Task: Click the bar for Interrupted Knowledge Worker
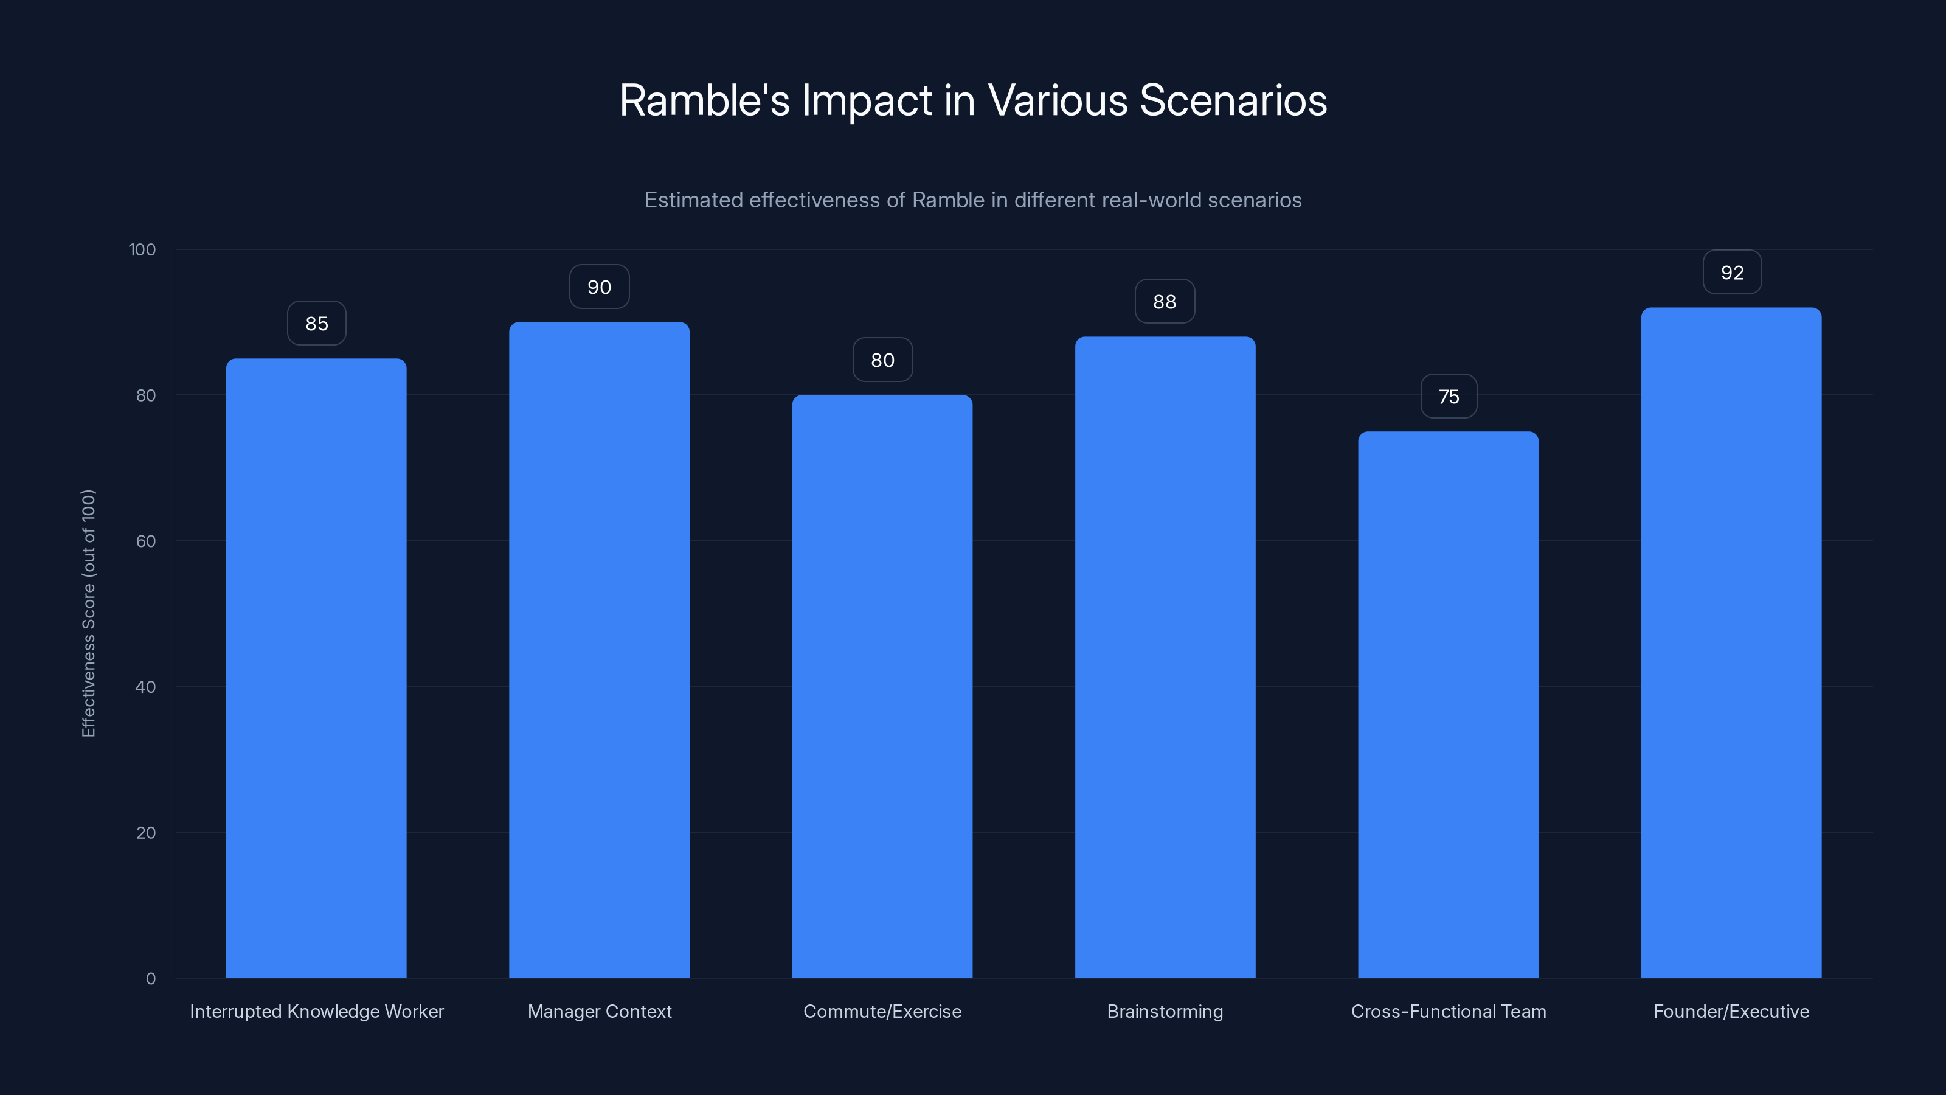(x=316, y=668)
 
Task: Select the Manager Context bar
(x=599, y=650)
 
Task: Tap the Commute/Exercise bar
(x=882, y=686)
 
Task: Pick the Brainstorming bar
(x=1165, y=658)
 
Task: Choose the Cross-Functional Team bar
(x=1448, y=704)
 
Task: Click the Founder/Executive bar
(x=1731, y=642)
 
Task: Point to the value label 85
(x=316, y=324)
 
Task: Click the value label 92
(x=1732, y=273)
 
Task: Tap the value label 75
(x=1449, y=397)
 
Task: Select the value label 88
(x=1165, y=302)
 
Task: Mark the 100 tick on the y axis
(x=142, y=250)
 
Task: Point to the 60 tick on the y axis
(x=146, y=541)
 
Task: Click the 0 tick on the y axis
(x=151, y=979)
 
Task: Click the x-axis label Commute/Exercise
(x=882, y=1011)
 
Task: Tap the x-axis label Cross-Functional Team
(x=1448, y=1011)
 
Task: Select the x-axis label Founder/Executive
(x=1731, y=1011)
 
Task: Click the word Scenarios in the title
(x=1233, y=100)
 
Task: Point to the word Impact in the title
(x=867, y=100)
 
